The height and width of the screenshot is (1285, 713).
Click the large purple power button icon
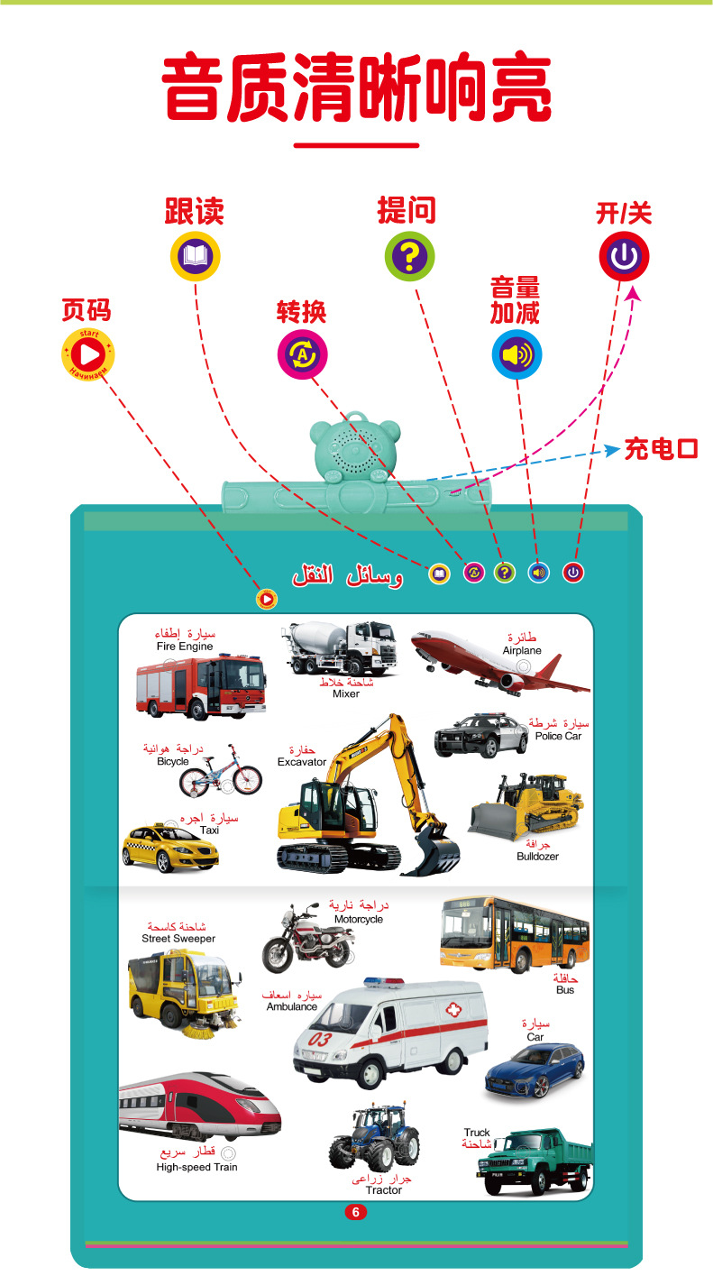click(624, 255)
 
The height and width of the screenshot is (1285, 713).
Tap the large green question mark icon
click(410, 255)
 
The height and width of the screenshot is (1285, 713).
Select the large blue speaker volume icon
click(516, 353)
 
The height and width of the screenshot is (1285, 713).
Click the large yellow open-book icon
click(196, 255)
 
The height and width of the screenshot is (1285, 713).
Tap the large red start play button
click(87, 352)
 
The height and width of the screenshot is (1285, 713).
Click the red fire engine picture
click(200, 685)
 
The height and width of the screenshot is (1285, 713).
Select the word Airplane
click(522, 650)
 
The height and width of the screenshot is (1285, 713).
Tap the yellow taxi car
click(170, 847)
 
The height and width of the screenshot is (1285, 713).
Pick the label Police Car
click(558, 736)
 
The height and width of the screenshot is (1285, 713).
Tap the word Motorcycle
click(358, 919)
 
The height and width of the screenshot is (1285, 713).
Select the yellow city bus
click(514, 935)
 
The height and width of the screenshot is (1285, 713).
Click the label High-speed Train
click(197, 1167)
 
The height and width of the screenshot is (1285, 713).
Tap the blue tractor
click(373, 1138)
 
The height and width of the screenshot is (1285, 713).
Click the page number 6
click(355, 1213)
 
